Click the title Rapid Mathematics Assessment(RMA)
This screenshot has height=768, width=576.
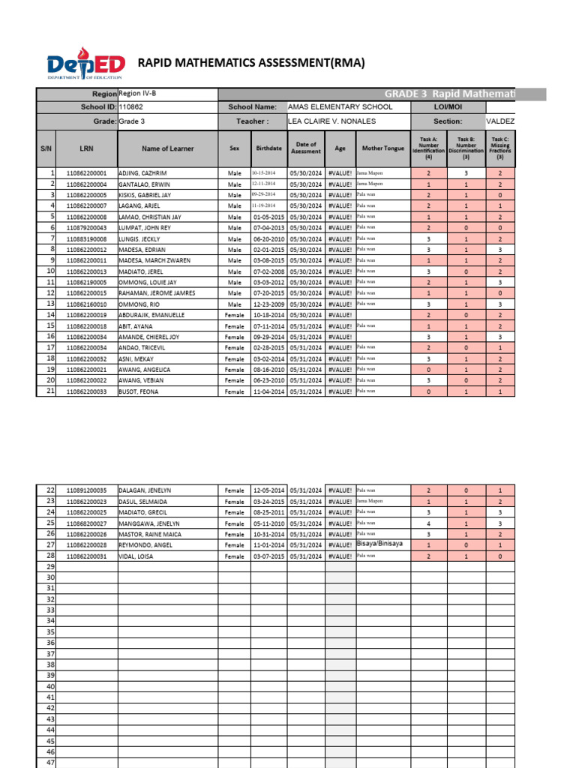252,63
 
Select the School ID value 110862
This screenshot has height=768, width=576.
131,107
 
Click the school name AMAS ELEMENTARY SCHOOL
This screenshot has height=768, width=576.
340,107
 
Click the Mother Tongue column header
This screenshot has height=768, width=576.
382,148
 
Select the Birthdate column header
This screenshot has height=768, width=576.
268,148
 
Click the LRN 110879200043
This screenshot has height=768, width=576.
86,227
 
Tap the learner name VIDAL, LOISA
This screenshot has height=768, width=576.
137,556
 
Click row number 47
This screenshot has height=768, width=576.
51,762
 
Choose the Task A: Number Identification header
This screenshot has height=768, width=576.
428,148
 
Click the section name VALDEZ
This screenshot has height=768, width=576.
500,121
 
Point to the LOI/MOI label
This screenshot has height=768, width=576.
448,107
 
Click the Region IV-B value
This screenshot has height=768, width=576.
138,94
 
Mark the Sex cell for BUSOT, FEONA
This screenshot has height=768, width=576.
235,391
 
